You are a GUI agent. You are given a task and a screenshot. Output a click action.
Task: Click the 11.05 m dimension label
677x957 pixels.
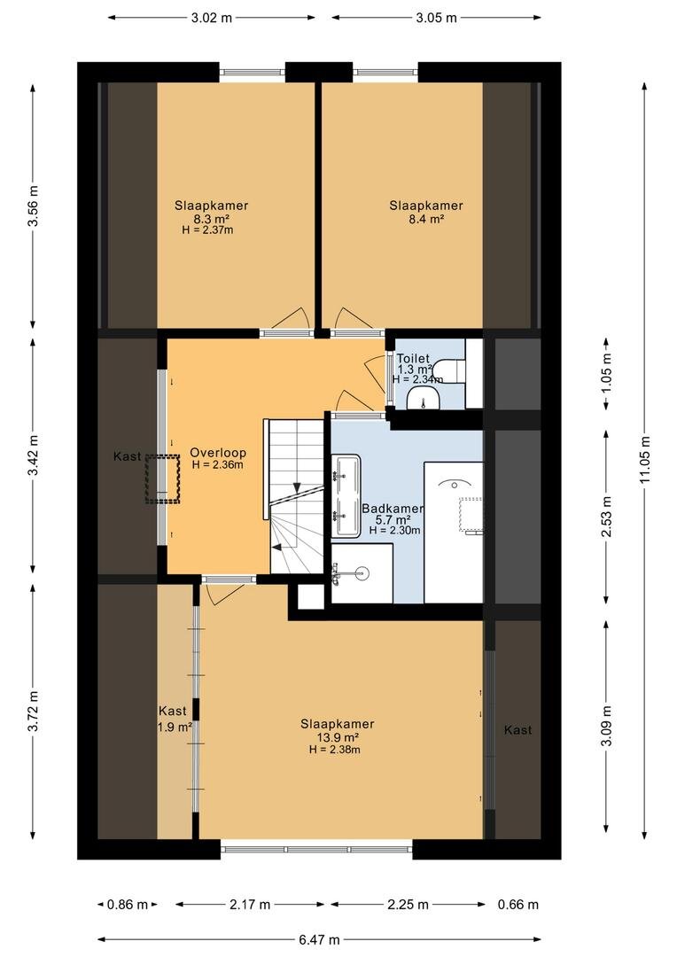pyautogui.click(x=645, y=460)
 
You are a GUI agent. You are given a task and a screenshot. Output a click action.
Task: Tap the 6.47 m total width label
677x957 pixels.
pyautogui.click(x=319, y=939)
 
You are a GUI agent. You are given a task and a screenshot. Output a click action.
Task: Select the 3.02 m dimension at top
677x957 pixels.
pyautogui.click(x=212, y=18)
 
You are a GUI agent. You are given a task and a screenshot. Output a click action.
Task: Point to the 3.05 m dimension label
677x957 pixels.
pyautogui.click(x=437, y=18)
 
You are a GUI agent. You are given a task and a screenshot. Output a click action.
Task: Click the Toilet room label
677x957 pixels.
pyautogui.click(x=413, y=359)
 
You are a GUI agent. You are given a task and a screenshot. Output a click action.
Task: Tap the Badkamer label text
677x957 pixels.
pyautogui.click(x=393, y=509)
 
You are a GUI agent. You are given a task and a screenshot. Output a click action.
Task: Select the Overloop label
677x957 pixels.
pyautogui.click(x=218, y=453)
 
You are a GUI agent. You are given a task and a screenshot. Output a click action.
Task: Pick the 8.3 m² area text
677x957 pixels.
pyautogui.click(x=211, y=219)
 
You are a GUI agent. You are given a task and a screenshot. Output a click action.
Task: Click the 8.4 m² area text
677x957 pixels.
pyautogui.click(x=426, y=219)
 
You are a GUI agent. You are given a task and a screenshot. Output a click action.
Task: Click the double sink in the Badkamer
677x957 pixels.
pyautogui.click(x=346, y=495)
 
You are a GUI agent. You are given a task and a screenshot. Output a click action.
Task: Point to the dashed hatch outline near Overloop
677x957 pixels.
pyautogui.click(x=162, y=479)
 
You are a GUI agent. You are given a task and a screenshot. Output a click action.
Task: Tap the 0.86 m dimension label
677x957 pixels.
pyautogui.click(x=127, y=905)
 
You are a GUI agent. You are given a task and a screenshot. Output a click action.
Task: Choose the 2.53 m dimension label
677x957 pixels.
pyautogui.click(x=606, y=517)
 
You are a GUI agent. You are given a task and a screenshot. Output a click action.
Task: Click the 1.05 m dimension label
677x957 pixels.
pyautogui.click(x=606, y=373)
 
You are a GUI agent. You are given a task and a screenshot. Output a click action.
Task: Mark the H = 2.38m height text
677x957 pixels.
pyautogui.click(x=335, y=750)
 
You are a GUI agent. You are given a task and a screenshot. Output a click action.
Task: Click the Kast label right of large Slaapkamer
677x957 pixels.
pyautogui.click(x=517, y=730)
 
